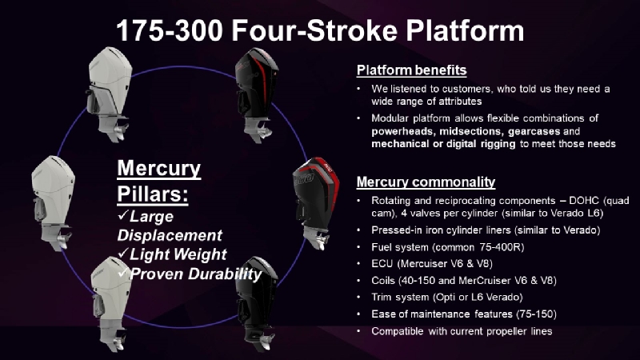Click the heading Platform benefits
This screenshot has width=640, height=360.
tap(411, 70)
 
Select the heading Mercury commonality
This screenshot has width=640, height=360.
tap(426, 182)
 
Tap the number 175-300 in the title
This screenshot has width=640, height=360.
tap(170, 31)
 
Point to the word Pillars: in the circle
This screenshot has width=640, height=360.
tap(153, 194)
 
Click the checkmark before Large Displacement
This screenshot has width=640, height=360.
tap(122, 215)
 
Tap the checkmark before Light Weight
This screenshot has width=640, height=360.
tap(122, 253)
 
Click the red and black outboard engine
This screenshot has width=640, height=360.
tap(316, 202)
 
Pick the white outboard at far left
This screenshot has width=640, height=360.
tap(53, 202)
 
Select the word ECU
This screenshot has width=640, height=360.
tap(382, 264)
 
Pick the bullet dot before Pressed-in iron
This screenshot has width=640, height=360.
tap(358, 230)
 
